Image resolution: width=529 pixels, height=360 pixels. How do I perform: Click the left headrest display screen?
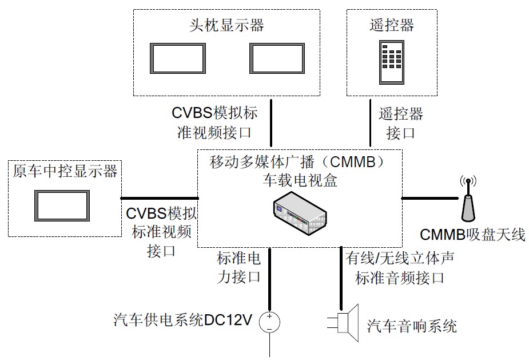tap(177, 58)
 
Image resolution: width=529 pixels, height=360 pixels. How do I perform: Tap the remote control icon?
tap(391, 61)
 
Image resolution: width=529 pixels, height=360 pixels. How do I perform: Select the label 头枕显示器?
tap(226, 25)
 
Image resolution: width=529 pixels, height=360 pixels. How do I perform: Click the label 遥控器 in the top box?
tap(391, 25)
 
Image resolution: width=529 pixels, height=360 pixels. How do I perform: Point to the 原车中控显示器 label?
tap(65, 171)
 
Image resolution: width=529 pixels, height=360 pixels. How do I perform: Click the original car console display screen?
tap(62, 205)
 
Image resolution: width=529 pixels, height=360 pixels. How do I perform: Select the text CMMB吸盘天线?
tap(472, 234)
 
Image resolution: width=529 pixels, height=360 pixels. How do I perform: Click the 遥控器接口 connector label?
tap(400, 123)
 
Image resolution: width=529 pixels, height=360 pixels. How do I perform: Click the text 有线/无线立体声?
tap(400, 258)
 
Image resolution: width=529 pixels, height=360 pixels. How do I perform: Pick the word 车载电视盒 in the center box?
tap(300, 181)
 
